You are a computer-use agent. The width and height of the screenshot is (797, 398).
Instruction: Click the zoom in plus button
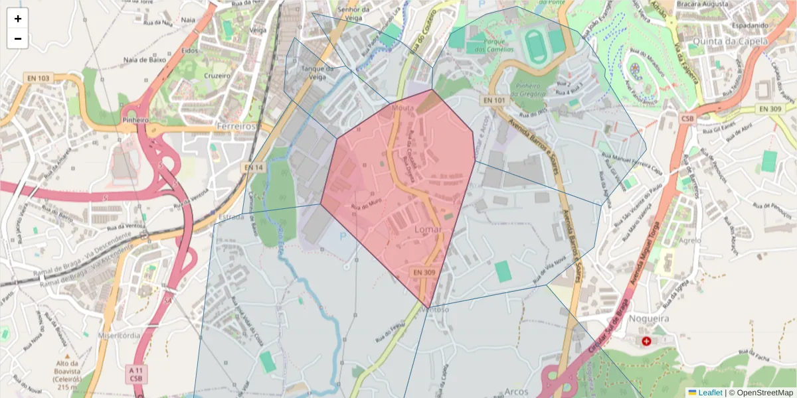pos(18,19)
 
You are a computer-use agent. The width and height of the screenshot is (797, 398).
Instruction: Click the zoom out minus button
pos(18,38)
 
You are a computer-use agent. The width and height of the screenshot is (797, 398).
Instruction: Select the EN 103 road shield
pos(39,78)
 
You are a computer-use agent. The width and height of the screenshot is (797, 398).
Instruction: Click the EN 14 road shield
pos(253,168)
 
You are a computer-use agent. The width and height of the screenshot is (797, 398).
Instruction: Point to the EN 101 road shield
pos(493,100)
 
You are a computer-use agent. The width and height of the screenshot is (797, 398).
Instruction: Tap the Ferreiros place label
pos(236,126)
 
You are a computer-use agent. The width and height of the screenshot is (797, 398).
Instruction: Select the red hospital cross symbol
pos(646,341)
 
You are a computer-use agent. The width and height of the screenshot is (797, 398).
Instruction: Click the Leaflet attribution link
pos(709,393)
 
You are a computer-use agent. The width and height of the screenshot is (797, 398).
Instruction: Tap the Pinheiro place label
pos(135,120)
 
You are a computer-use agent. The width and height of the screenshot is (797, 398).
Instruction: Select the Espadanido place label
pos(751,26)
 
